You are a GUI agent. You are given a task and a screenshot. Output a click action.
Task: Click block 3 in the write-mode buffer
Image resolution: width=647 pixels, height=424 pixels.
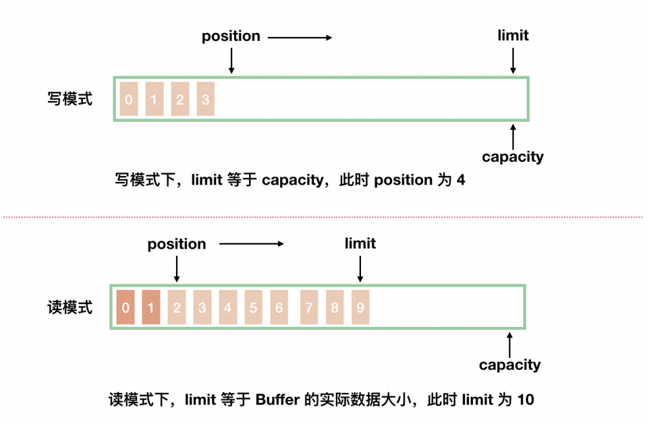(x=205, y=100)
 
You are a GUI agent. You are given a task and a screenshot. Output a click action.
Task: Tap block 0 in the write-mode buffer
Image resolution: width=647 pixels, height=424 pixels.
(x=129, y=100)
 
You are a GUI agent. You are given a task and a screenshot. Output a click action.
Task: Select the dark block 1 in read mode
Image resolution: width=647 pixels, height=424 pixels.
(x=151, y=307)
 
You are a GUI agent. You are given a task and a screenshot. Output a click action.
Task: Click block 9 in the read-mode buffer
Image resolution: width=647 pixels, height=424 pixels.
(x=360, y=307)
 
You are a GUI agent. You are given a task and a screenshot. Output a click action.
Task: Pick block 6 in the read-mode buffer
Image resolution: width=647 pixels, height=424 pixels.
(x=279, y=307)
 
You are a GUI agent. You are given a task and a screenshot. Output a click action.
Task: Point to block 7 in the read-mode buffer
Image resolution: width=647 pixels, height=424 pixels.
(x=309, y=307)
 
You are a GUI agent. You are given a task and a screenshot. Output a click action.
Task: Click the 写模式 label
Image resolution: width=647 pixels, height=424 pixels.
(x=70, y=99)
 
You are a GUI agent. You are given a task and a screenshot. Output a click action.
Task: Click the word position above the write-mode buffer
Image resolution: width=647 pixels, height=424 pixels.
(x=231, y=36)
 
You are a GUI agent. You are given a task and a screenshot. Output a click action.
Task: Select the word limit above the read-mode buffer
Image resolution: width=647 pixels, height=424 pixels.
(x=360, y=244)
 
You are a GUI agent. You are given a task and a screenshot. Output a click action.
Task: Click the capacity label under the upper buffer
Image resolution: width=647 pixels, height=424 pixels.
(x=513, y=157)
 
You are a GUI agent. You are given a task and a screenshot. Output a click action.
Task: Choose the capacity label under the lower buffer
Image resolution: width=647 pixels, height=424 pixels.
(x=510, y=365)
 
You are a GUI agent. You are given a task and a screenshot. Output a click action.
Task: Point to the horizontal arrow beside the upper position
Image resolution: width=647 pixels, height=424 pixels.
(x=300, y=38)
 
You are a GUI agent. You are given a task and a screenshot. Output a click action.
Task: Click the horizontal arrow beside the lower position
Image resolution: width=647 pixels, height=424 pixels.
(x=252, y=245)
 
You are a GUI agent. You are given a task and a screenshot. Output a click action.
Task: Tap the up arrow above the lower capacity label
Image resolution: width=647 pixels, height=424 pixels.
(x=510, y=343)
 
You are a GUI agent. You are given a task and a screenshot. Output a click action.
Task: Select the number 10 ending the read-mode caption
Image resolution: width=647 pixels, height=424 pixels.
(x=526, y=400)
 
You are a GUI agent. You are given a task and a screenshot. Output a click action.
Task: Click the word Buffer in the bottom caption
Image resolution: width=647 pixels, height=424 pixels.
(x=277, y=400)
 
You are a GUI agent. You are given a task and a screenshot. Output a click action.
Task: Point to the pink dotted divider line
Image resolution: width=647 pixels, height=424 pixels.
(x=323, y=216)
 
